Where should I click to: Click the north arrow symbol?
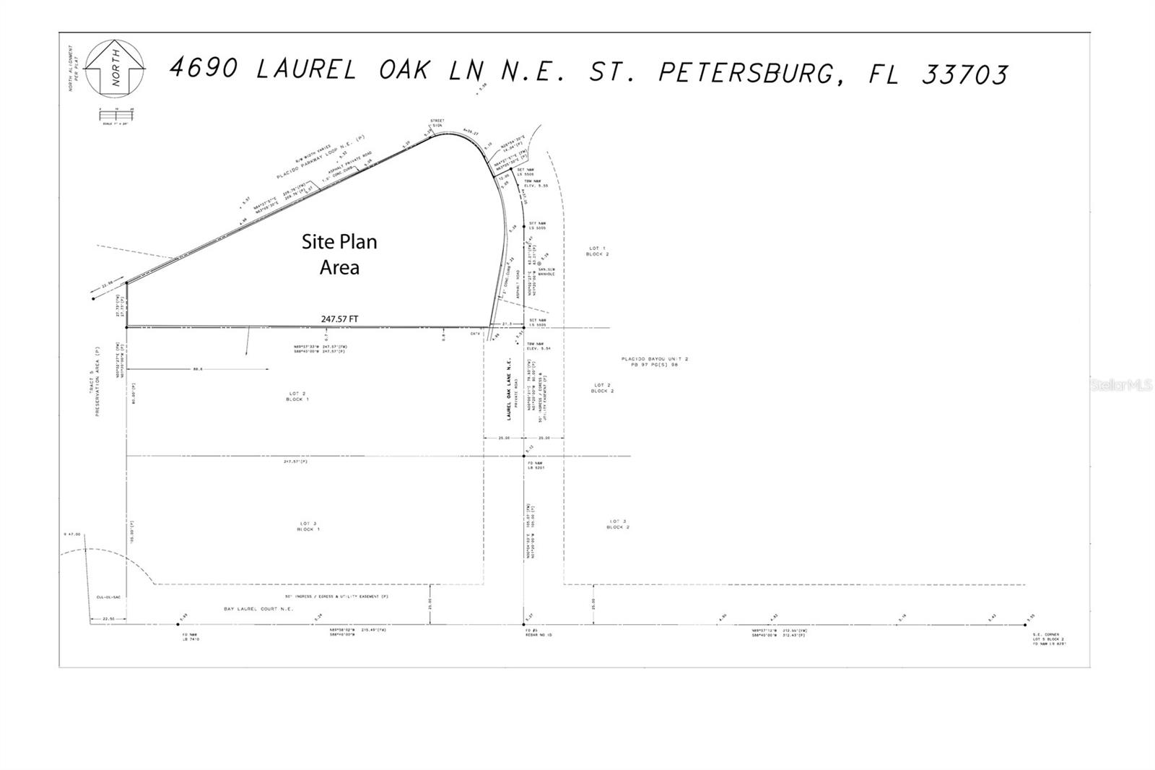pyautogui.click(x=115, y=68)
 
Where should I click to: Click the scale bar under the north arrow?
pyautogui.click(x=115, y=114)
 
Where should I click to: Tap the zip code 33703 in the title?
pyautogui.click(x=964, y=74)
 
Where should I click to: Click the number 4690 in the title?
pyautogui.click(x=204, y=68)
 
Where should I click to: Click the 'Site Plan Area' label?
pyautogui.click(x=339, y=254)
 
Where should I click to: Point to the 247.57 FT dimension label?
pyautogui.click(x=339, y=319)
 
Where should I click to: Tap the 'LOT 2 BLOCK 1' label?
pyautogui.click(x=297, y=397)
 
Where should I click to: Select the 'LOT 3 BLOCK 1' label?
pyautogui.click(x=308, y=526)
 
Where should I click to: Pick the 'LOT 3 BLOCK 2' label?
pyautogui.click(x=617, y=524)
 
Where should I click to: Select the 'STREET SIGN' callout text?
pyautogui.click(x=437, y=123)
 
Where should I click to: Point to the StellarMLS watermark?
pyautogui.click(x=1121, y=385)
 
